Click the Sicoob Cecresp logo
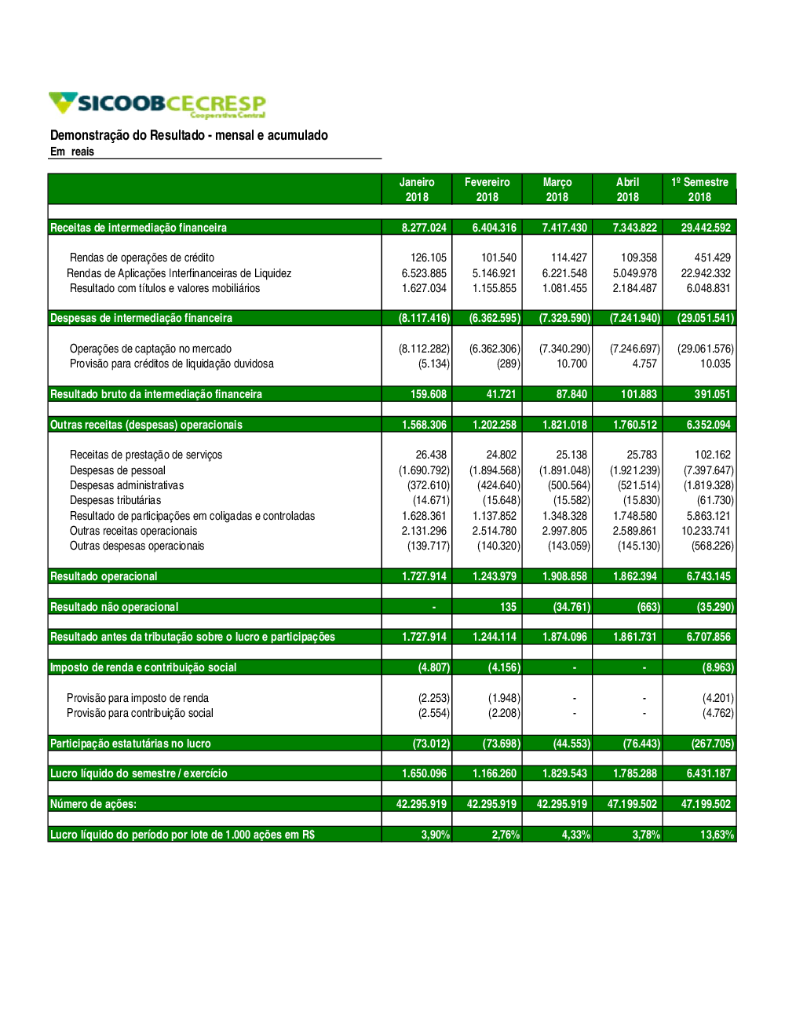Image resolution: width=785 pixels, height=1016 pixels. click(x=157, y=104)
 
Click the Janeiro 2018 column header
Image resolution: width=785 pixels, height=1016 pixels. click(x=417, y=189)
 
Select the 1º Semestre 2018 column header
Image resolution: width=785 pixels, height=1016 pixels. click(x=699, y=189)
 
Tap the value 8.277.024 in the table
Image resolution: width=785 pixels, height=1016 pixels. click(x=424, y=228)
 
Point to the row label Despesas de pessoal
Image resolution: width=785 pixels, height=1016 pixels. click(x=118, y=470)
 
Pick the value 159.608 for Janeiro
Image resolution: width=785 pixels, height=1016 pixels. click(x=429, y=394)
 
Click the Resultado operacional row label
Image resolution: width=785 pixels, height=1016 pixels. click(x=104, y=576)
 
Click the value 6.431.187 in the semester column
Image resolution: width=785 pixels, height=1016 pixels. click(x=708, y=773)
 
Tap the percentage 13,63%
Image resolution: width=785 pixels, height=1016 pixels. click(x=717, y=835)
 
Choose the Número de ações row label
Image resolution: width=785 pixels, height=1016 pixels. click(x=93, y=804)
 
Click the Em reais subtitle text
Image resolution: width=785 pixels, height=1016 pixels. click(x=72, y=152)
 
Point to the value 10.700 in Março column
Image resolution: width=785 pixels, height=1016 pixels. click(x=571, y=364)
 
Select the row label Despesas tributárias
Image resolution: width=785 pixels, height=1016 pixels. click(x=115, y=500)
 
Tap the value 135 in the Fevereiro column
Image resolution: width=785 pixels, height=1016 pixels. click(x=508, y=607)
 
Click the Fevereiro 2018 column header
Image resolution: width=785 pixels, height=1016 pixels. click(x=487, y=189)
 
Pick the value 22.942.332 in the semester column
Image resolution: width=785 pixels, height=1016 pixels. click(x=706, y=273)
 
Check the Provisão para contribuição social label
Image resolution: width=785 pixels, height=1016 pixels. click(x=140, y=713)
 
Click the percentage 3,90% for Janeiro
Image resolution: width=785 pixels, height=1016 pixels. click(x=436, y=835)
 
